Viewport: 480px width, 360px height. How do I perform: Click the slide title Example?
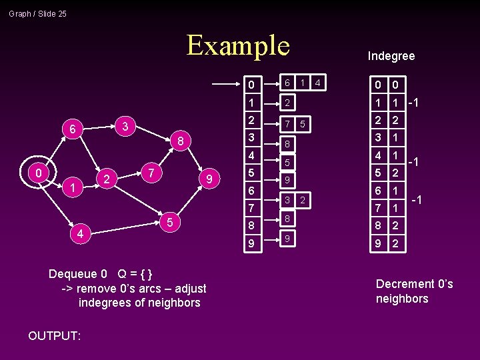tap(238, 45)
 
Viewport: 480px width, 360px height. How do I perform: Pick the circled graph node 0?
tap(39, 173)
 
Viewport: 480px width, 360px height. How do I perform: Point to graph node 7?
tap(152, 173)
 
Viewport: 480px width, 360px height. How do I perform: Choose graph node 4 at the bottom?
tap(80, 234)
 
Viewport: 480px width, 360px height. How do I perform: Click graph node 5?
tap(170, 221)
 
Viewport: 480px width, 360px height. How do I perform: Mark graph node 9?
tap(210, 179)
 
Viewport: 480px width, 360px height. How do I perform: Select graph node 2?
tap(105, 179)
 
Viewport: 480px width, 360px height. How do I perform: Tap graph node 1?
tap(71, 189)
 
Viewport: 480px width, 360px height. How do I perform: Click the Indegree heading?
tap(391, 56)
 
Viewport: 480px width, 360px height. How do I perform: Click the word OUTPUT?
tap(55, 336)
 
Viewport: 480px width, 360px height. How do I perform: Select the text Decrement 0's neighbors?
tap(414, 291)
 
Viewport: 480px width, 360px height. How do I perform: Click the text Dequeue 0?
tap(78, 274)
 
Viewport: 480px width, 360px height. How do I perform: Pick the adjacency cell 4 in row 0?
tap(319, 83)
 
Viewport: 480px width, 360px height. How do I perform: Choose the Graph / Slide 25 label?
tap(38, 13)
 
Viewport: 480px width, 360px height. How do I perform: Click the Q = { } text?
tap(135, 274)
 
